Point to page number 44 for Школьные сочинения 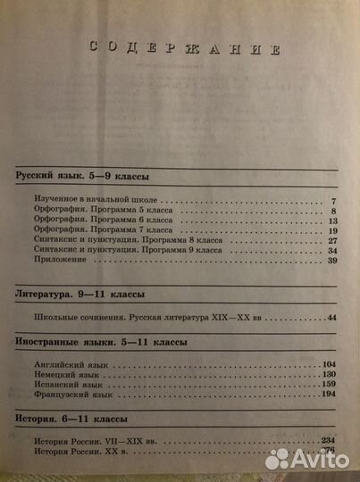(x=334, y=317)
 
